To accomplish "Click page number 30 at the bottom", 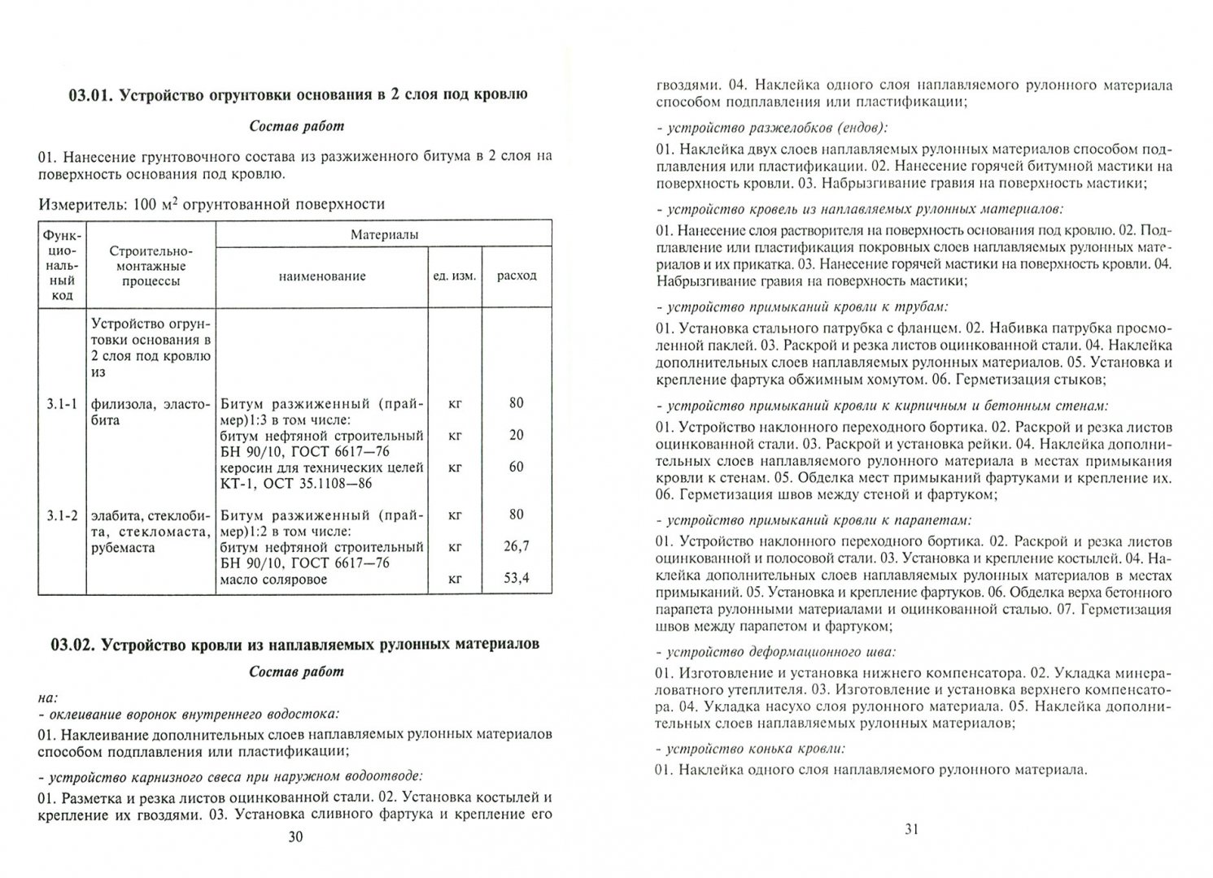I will [295, 837].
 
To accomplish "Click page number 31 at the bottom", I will [911, 829].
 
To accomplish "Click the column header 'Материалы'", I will [384, 235].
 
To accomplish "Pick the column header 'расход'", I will [517, 276].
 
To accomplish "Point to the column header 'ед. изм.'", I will [455, 276].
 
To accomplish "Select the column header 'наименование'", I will [322, 276].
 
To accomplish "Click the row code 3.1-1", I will [61, 403].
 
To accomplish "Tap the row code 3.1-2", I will [61, 515].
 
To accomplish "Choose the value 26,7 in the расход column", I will [517, 546].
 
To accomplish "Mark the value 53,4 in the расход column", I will [517, 578].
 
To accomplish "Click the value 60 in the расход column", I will [517, 467].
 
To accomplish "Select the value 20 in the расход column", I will [517, 435].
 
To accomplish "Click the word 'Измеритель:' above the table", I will [76, 205].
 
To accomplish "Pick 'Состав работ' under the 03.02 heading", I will [296, 672].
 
